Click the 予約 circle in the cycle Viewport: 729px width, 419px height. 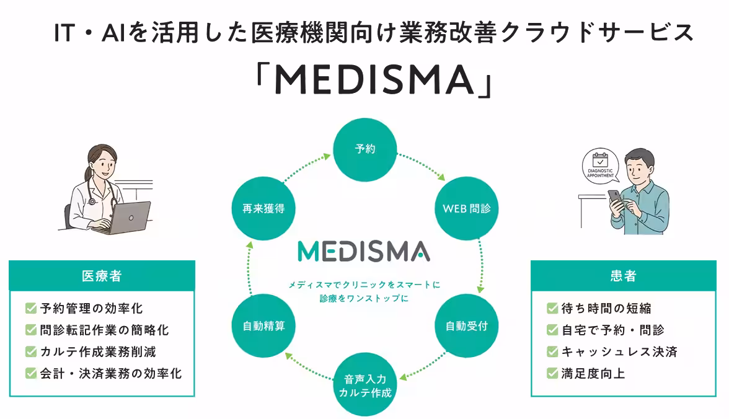pyautogui.click(x=365, y=149)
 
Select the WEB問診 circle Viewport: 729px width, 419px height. pyautogui.click(x=466, y=208)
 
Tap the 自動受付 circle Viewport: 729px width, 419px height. pyautogui.click(x=466, y=325)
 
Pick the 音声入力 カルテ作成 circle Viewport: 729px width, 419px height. pyautogui.click(x=365, y=384)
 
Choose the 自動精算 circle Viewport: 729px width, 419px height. pyautogui.click(x=263, y=325)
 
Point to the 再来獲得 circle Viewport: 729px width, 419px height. pyautogui.click(x=263, y=208)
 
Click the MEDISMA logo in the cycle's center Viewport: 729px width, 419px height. pyautogui.click(x=364, y=251)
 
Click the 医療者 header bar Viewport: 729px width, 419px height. pyautogui.click(x=102, y=276)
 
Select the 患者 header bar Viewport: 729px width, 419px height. pyautogui.click(x=623, y=276)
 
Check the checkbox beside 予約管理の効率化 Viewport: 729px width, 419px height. pyautogui.click(x=31, y=308)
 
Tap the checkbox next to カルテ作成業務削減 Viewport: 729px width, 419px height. pyautogui.click(x=31, y=351)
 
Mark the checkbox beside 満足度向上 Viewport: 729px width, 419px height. pyautogui.click(x=552, y=373)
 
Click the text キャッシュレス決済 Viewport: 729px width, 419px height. pyautogui.click(x=619, y=351)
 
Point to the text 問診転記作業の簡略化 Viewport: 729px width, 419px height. pyautogui.click(x=104, y=330)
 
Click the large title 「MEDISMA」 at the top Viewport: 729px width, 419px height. pyautogui.click(x=375, y=79)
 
